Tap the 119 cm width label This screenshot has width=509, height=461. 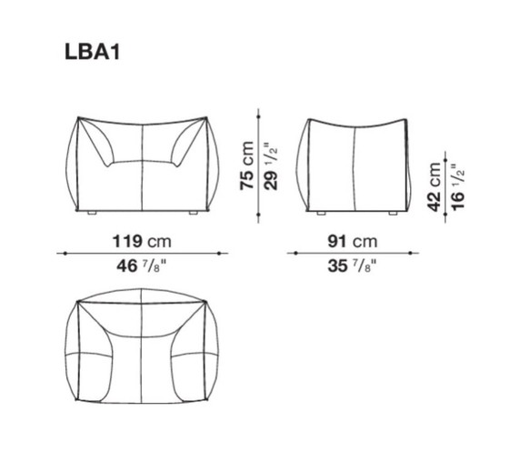point(139,242)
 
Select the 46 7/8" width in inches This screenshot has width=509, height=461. point(139,266)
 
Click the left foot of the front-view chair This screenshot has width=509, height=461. point(92,213)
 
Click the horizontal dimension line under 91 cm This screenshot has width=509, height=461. point(352,254)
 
